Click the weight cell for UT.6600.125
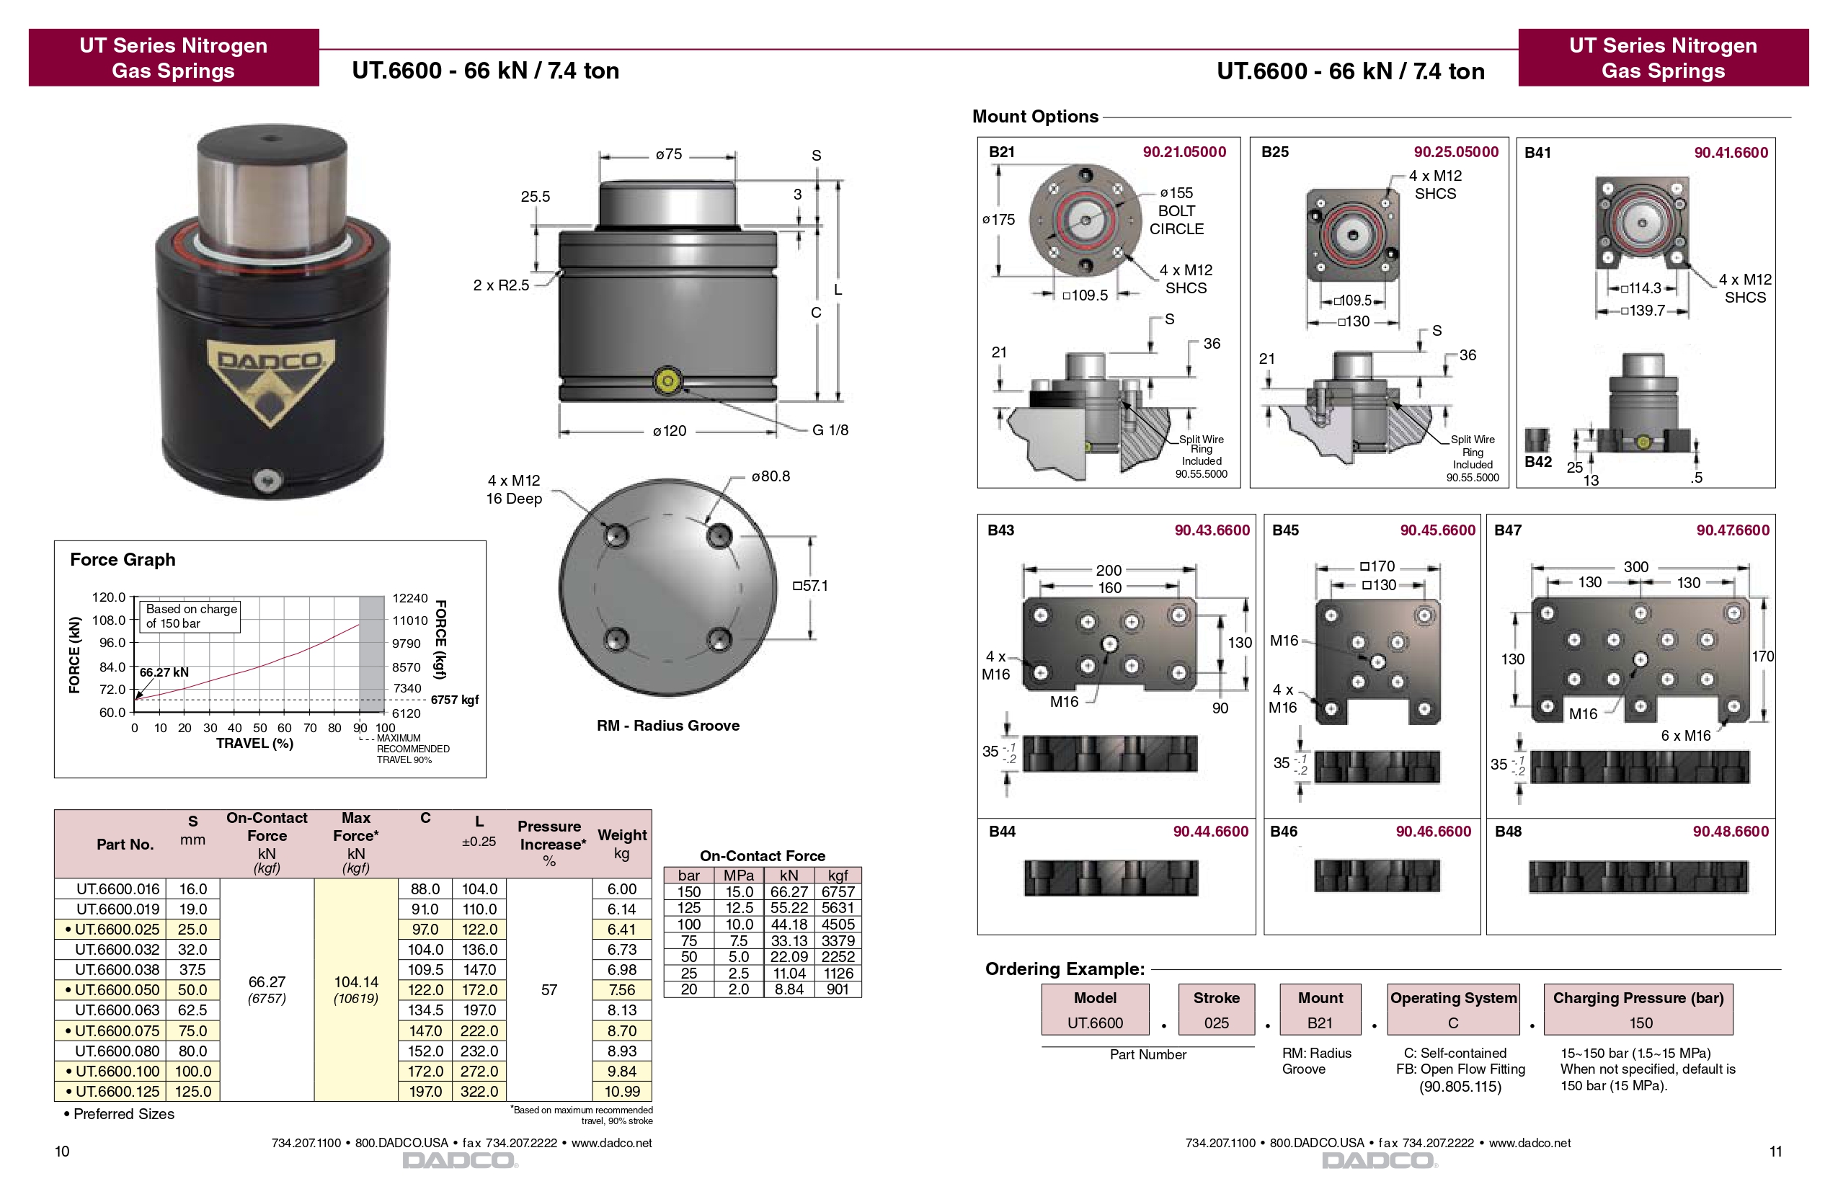[621, 1091]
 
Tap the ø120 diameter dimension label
[669, 431]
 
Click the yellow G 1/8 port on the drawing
[667, 380]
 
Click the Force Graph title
[123, 559]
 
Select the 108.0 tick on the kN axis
[108, 620]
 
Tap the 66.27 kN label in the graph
[164, 672]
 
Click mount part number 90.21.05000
[1184, 152]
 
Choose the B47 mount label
[1507, 530]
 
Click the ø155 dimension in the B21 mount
[1176, 192]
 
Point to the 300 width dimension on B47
[1635, 566]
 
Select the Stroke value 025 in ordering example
[1217, 1023]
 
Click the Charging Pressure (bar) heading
[1638, 997]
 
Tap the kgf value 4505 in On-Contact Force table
[838, 924]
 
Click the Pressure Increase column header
[549, 843]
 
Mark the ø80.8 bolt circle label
[770, 476]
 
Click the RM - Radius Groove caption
[668, 725]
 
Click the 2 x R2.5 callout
[501, 285]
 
